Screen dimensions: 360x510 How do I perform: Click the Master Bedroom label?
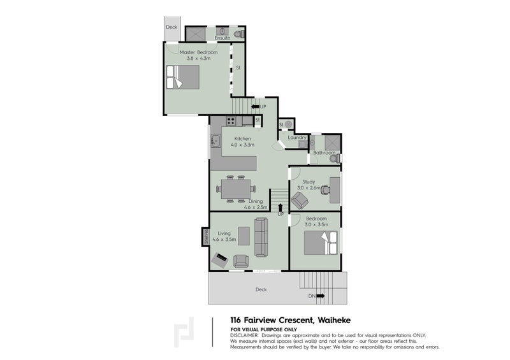tap(198, 52)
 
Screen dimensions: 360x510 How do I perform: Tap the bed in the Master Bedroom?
tap(182, 78)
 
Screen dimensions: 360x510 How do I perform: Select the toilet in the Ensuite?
tap(238, 32)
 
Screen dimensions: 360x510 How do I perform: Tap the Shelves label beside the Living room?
tap(206, 237)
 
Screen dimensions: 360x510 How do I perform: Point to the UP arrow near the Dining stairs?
tap(280, 209)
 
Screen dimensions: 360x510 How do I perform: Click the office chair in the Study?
tap(326, 189)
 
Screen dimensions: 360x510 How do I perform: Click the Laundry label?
tap(297, 138)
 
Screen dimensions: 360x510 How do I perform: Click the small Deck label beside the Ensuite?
tap(171, 27)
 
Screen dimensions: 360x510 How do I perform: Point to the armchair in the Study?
tap(299, 201)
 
